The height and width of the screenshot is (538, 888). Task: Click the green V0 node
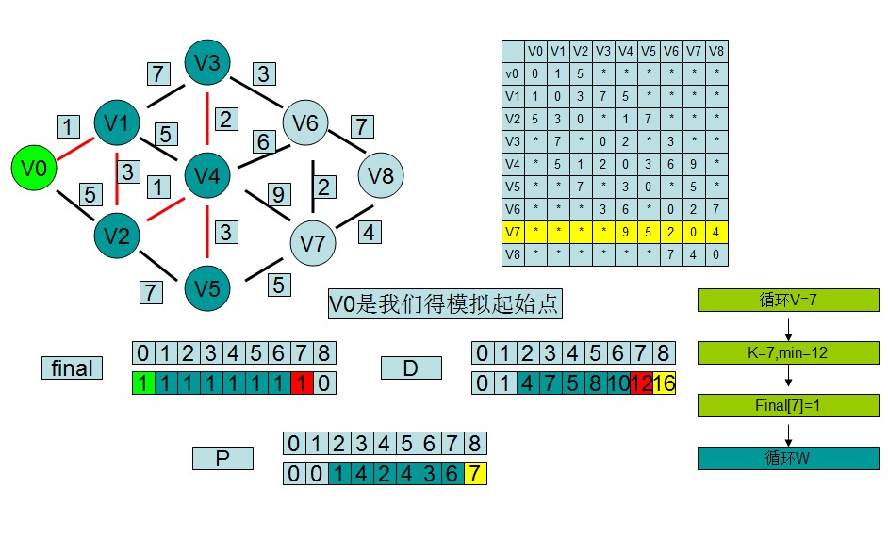point(34,169)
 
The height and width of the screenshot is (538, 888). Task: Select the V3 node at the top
point(207,63)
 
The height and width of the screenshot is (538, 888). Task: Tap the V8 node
point(382,176)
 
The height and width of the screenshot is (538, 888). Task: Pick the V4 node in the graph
point(207,175)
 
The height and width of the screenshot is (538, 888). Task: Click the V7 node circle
point(313,243)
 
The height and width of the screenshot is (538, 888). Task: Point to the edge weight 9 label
point(277,195)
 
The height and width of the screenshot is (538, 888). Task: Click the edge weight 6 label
point(261,142)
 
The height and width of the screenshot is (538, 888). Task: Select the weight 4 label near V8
point(370,232)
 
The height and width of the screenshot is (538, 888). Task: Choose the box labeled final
point(73,367)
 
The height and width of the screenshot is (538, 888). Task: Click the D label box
point(410,367)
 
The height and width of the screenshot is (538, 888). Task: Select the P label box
point(222,458)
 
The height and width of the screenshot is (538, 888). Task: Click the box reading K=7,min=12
point(788,352)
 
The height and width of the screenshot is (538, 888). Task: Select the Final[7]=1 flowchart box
point(788,405)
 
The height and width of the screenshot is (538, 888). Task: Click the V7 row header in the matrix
point(512,231)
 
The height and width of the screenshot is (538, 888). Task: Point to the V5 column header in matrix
point(649,51)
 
